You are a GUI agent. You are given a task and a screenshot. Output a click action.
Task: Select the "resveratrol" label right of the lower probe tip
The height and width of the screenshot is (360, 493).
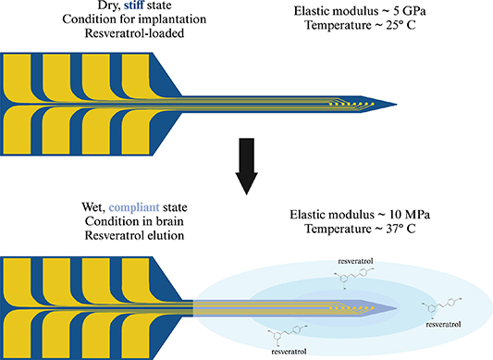[x=443, y=325]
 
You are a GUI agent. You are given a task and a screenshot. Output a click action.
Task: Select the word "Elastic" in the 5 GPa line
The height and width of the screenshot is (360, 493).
[x=308, y=8]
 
